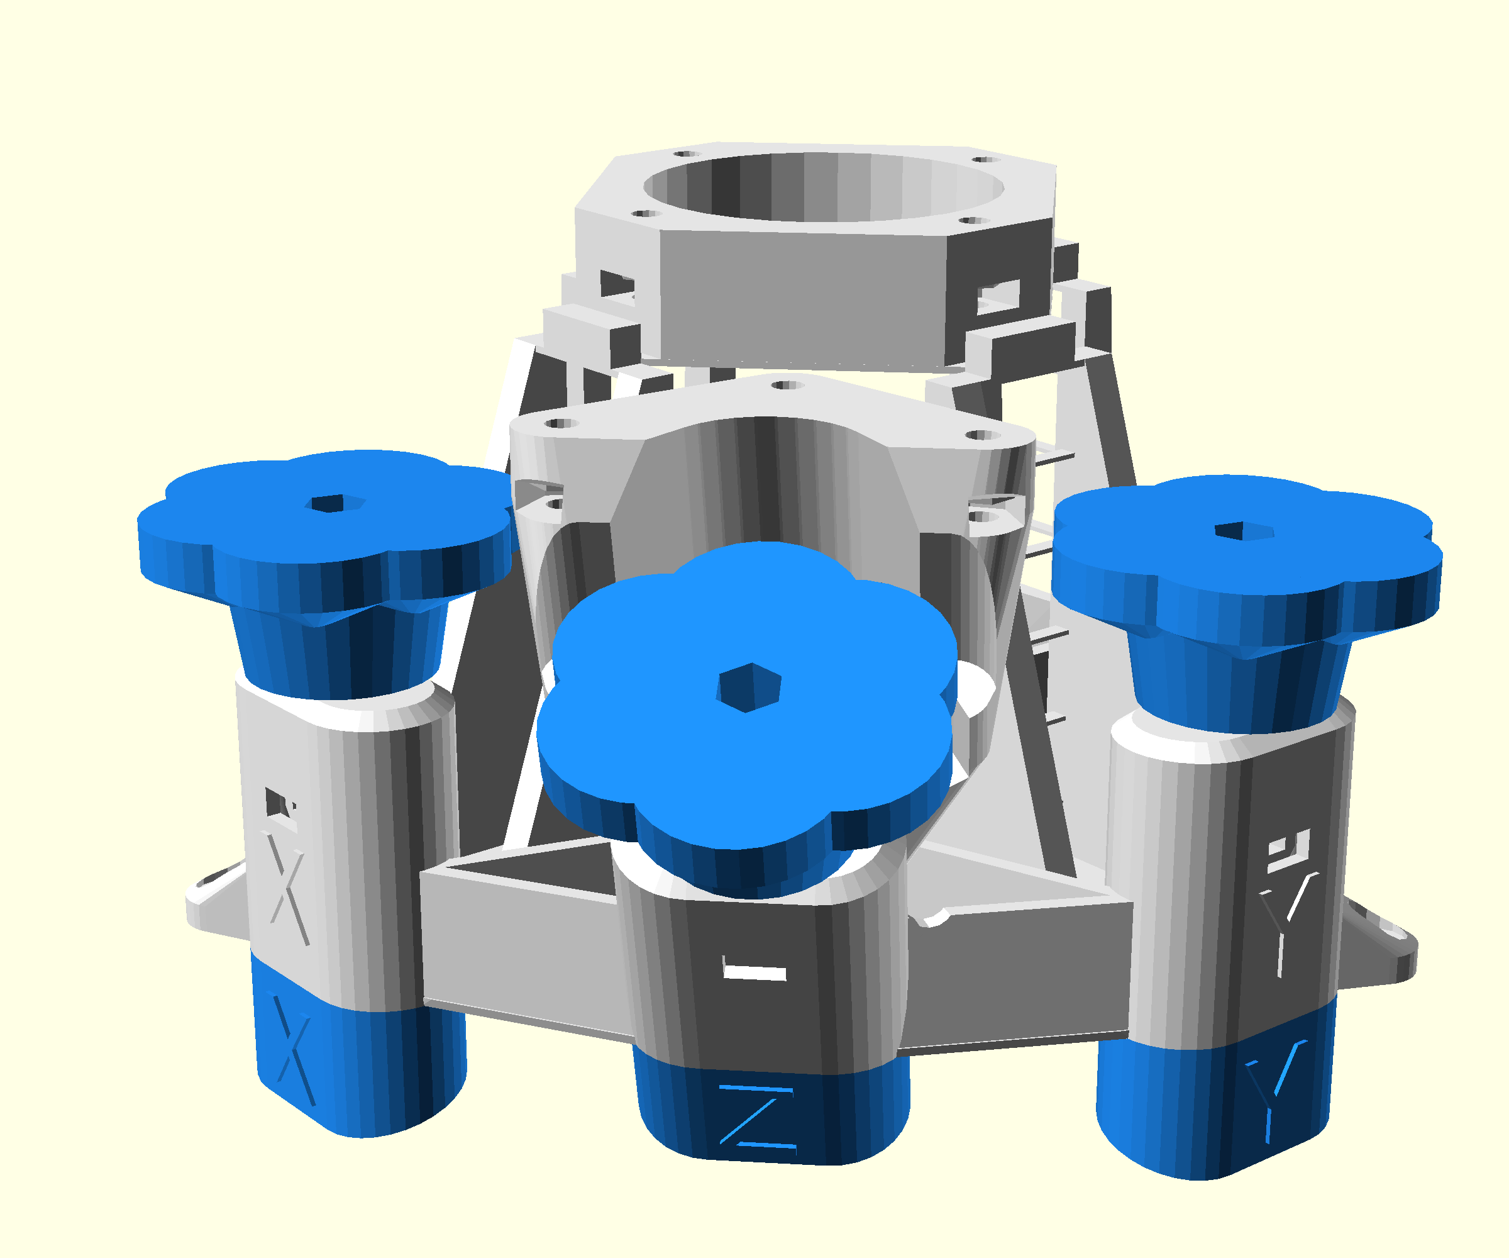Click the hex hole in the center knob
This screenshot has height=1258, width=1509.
click(748, 687)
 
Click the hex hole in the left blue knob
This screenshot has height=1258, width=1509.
click(335, 503)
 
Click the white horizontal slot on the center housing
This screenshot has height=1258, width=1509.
click(754, 973)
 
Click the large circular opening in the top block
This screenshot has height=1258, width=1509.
click(823, 187)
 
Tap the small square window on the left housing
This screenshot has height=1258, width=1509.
click(276, 801)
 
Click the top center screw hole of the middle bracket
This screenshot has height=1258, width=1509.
click(787, 386)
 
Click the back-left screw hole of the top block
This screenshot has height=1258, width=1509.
click(687, 153)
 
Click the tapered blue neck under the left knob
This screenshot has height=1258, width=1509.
click(338, 650)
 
